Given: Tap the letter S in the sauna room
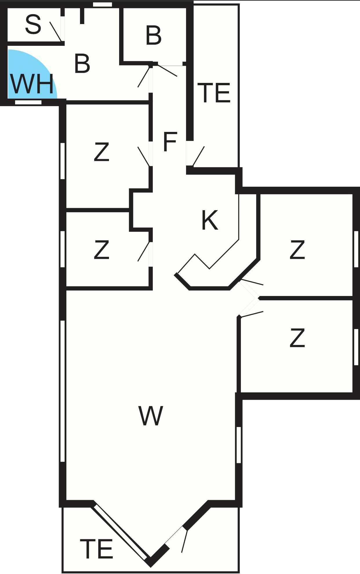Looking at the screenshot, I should click(x=33, y=25).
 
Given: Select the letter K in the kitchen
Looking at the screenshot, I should click(x=210, y=220).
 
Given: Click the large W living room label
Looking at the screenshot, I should click(x=150, y=416).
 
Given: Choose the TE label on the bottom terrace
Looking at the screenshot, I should click(x=96, y=549).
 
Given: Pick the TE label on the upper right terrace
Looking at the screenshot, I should click(x=214, y=93).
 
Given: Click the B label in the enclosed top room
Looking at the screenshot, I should click(x=153, y=36).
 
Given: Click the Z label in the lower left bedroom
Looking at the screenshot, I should click(x=101, y=250).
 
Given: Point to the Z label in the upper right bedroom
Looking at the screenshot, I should click(x=297, y=250).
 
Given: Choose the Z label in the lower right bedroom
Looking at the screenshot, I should click(x=297, y=338).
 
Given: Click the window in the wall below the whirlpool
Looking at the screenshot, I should click(x=28, y=102).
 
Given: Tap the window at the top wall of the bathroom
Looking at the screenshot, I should click(x=103, y=4).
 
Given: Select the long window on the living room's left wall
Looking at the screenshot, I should click(x=62, y=391).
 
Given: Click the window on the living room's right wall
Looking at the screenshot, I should click(x=239, y=445).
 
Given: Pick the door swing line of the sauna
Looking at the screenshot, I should click(x=55, y=31).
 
